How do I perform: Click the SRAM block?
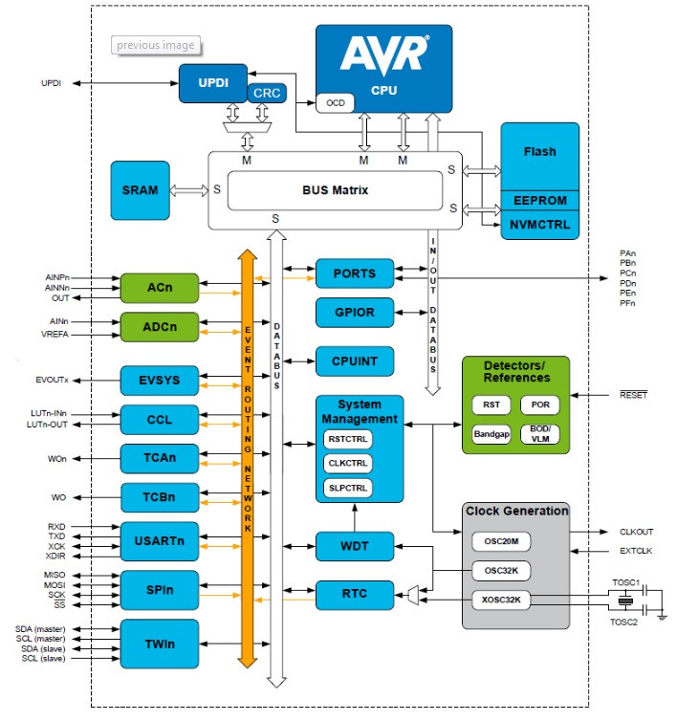point(141,190)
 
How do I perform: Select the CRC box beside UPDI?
point(267,93)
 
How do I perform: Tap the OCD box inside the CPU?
point(336,103)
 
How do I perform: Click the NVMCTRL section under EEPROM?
point(540,225)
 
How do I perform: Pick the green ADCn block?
point(160,327)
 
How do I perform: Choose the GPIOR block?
point(355,313)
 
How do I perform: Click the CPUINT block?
point(355,361)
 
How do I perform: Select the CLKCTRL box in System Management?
point(348,464)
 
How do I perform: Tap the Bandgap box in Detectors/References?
point(491,434)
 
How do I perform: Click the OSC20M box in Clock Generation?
point(501,541)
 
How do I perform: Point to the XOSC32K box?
point(501,601)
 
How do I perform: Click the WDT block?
point(355,546)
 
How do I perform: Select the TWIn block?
point(160,644)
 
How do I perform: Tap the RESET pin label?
point(633,395)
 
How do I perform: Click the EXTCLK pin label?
point(636,551)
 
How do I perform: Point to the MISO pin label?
point(55,576)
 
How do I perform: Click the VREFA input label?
point(55,335)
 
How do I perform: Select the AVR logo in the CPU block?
point(384,55)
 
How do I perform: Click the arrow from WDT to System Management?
point(355,517)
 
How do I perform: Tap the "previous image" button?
point(156,45)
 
